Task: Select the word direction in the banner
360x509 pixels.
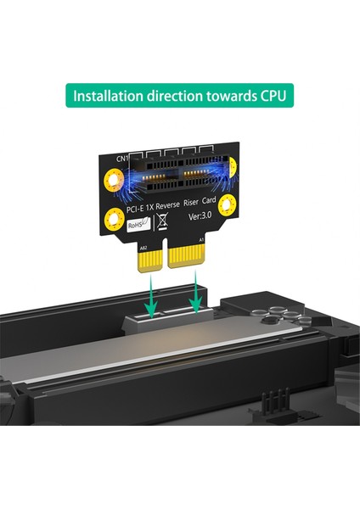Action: click(173, 93)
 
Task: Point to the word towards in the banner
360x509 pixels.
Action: click(222, 93)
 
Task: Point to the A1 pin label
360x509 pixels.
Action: click(201, 239)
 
